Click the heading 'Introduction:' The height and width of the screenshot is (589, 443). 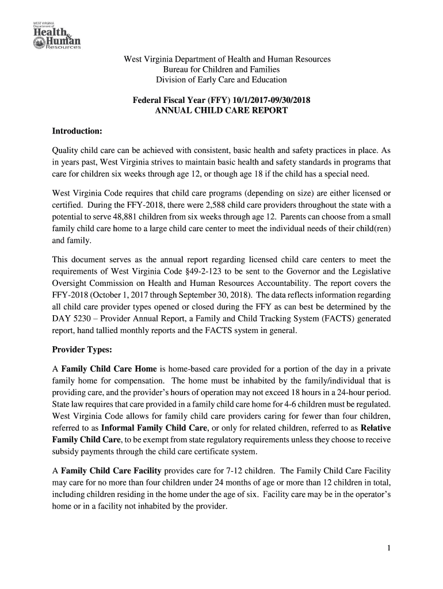[x=77, y=131]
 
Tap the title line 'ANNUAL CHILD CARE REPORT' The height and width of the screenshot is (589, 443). [x=221, y=110]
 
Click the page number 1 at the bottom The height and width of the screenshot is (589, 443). [x=389, y=548]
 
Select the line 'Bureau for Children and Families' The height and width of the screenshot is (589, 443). [x=221, y=70]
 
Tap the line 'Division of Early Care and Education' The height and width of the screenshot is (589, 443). [x=221, y=80]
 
